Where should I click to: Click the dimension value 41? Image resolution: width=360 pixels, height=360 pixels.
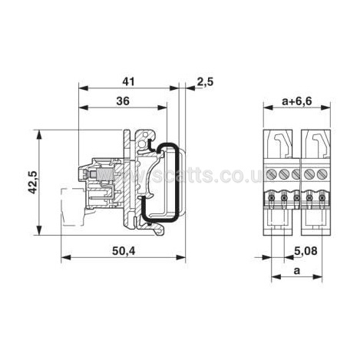128,81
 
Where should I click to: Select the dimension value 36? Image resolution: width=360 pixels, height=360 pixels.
123,101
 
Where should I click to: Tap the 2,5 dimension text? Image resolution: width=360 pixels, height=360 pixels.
205,82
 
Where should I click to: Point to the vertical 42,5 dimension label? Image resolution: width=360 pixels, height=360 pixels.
32,182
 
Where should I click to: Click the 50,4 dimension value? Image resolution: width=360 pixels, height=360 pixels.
124,251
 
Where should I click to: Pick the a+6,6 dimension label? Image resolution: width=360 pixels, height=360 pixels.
297,101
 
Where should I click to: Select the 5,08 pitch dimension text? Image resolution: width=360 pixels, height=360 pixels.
306,251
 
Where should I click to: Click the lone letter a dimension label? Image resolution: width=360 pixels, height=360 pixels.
296,270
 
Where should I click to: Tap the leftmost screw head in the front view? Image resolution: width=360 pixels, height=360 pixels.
272,174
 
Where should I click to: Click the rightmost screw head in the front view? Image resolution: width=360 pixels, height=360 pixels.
322,174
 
